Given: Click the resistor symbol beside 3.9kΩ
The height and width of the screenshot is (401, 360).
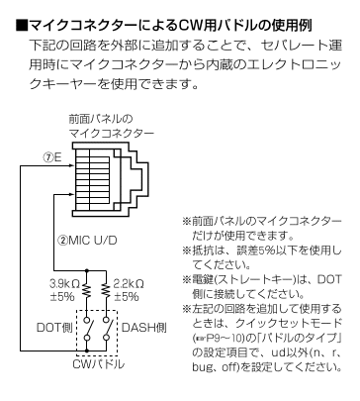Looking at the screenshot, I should (x=89, y=290).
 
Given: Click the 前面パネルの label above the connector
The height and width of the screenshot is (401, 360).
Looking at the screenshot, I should (x=100, y=118).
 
